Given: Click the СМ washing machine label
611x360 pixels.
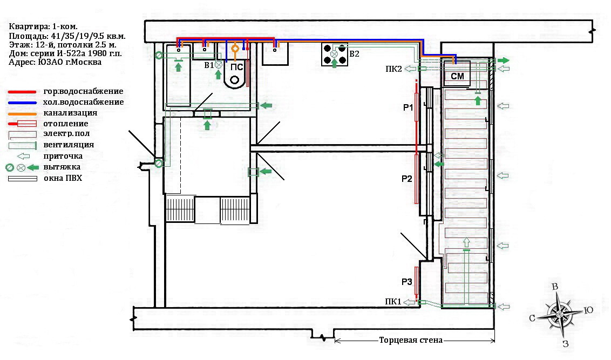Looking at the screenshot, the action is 457,76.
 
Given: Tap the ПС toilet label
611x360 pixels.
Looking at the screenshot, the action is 236,67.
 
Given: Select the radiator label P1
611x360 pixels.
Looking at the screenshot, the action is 408,107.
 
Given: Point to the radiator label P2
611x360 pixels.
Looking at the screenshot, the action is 407,179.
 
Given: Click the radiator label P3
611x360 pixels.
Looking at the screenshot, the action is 407,282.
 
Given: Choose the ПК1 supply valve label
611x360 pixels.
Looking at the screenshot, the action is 393,302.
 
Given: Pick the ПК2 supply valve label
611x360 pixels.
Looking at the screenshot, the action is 393,69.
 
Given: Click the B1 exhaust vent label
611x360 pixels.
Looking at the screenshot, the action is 209,65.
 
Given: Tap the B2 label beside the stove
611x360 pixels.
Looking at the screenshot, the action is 354,54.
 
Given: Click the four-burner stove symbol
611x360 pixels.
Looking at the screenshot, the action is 335,54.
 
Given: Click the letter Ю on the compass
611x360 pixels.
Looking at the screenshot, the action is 588,310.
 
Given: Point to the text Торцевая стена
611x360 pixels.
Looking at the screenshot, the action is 411,340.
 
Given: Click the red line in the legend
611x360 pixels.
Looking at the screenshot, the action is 22,92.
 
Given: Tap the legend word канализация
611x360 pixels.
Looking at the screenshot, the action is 70,113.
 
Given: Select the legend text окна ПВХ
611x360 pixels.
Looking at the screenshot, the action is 63,179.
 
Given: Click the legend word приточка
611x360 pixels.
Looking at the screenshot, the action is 63,156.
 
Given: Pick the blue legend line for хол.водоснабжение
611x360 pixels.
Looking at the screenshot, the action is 22,103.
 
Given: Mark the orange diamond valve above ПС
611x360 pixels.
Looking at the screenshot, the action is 235,49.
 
